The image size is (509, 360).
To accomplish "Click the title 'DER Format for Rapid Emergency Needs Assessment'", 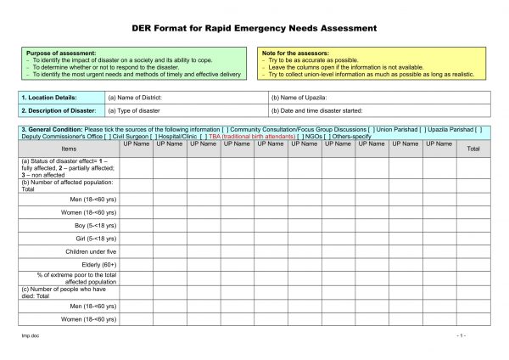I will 255,28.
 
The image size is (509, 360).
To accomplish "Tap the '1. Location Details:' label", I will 48,98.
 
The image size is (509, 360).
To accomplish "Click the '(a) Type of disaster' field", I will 134,110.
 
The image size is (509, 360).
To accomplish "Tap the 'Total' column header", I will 473,149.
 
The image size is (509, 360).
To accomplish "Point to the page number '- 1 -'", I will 461,336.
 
